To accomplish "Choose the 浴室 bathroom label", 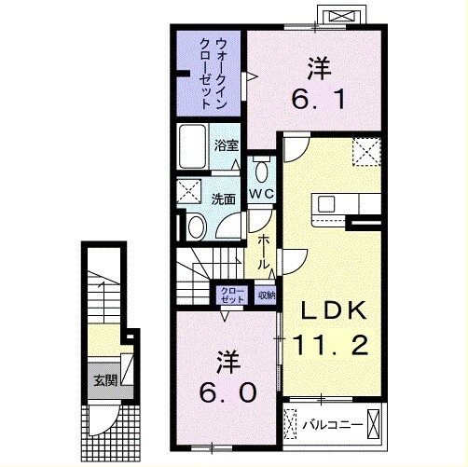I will click(x=227, y=145).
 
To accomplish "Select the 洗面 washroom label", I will click(x=222, y=199).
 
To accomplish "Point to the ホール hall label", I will click(x=265, y=252).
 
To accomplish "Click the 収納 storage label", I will click(x=267, y=295).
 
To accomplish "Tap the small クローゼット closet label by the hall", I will click(x=231, y=295).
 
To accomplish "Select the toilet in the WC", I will click(x=260, y=172).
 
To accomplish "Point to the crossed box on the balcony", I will click(x=372, y=425).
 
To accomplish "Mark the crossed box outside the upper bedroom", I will click(x=337, y=16).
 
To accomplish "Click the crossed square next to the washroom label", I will click(x=190, y=193).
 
